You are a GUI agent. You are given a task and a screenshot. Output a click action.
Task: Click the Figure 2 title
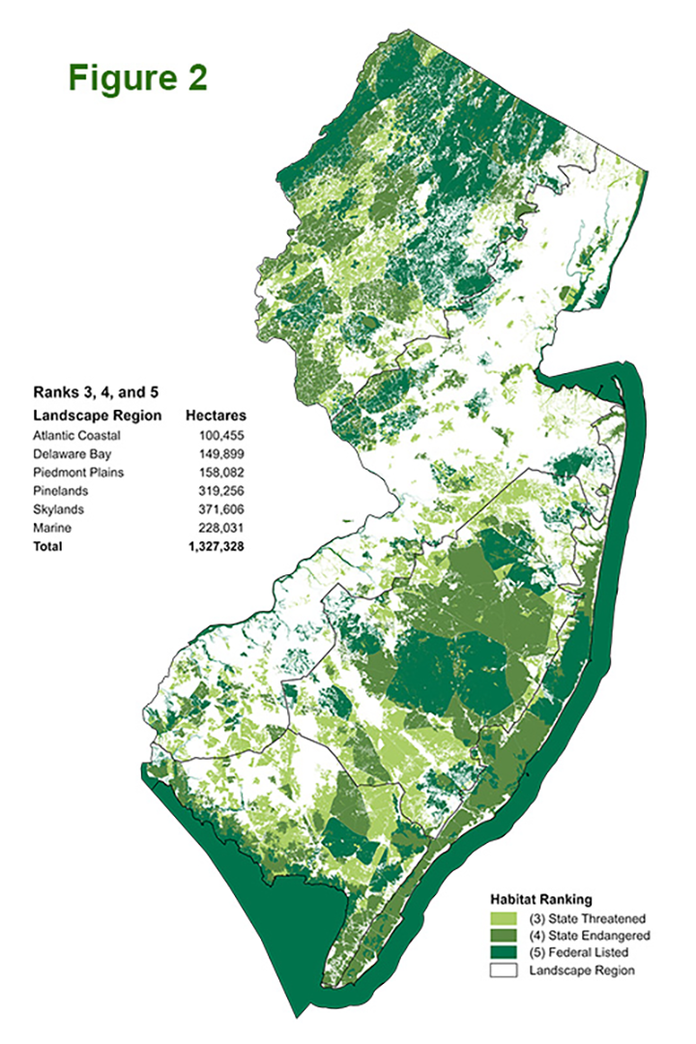pos(137,78)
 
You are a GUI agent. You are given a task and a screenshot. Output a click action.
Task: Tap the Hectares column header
pos(220,416)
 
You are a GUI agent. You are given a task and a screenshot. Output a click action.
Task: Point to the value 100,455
pos(234,435)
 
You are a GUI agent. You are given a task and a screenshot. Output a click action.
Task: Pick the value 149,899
pos(234,453)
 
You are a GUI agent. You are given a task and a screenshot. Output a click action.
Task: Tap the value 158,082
pos(234,472)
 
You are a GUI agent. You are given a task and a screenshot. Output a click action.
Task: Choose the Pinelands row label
pos(60,490)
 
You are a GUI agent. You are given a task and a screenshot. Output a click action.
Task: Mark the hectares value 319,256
pos(234,490)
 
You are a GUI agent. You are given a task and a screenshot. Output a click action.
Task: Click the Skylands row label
pos(58,508)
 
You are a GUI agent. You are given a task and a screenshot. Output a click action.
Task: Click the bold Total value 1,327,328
pos(227,546)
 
